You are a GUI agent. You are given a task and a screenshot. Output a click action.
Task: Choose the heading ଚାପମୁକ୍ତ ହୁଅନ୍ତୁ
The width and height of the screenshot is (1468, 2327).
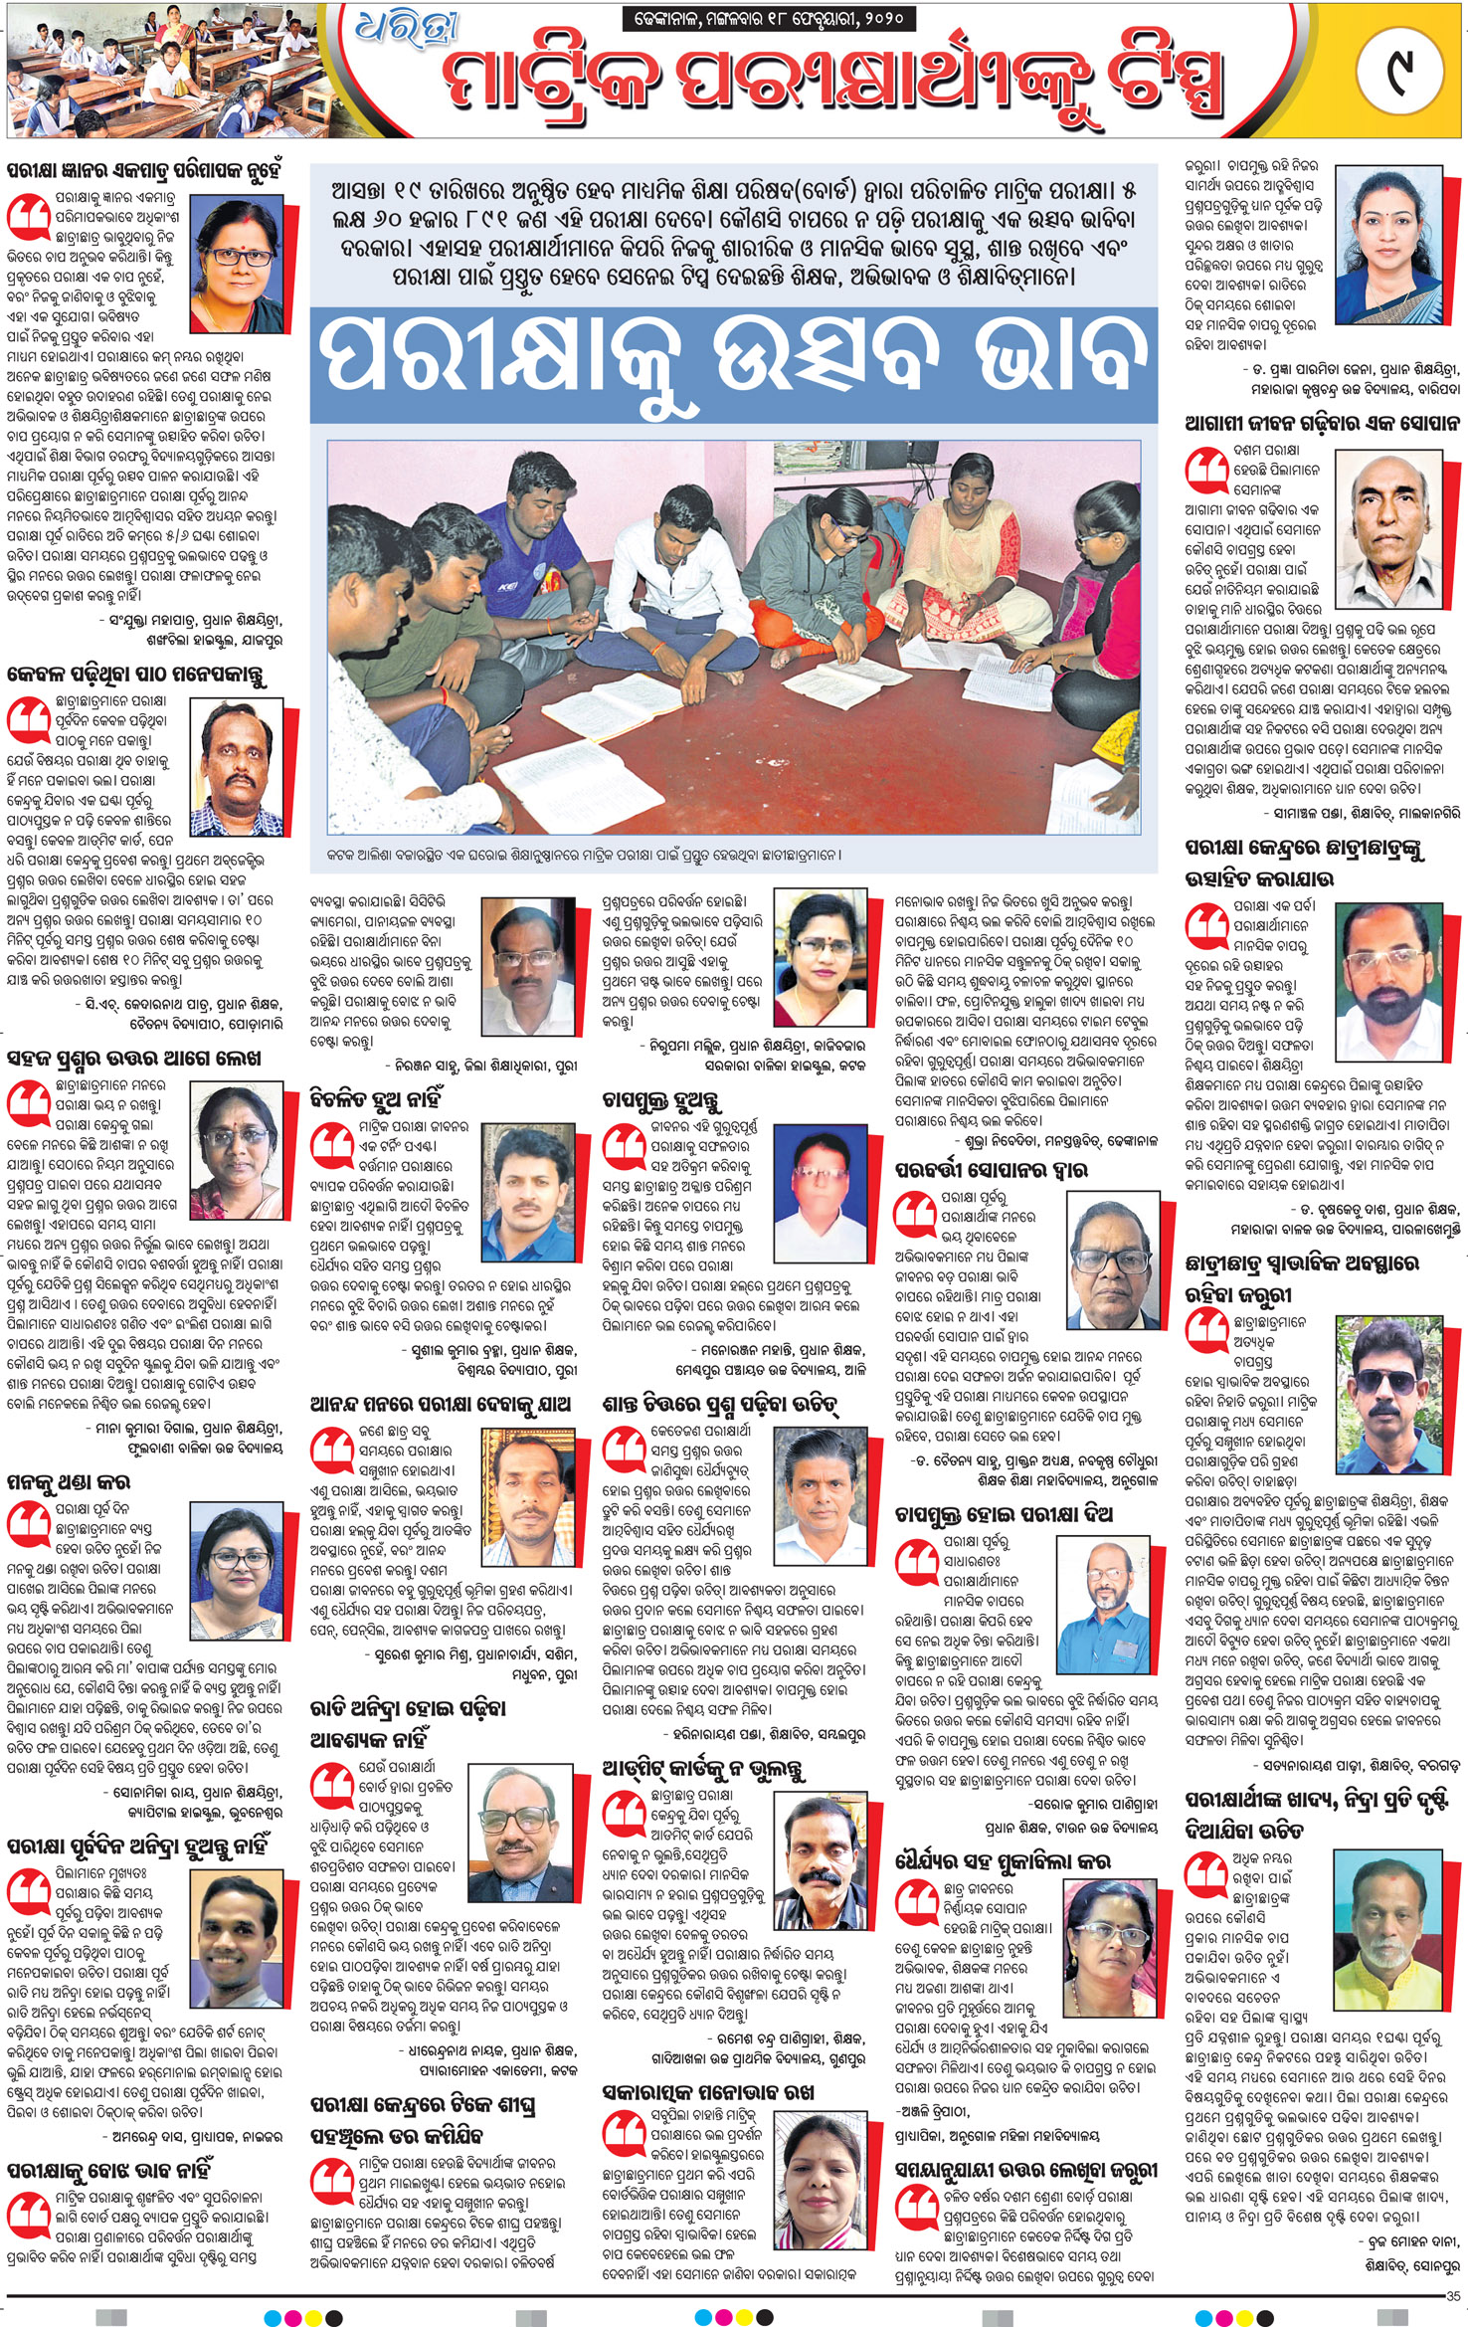(662, 1101)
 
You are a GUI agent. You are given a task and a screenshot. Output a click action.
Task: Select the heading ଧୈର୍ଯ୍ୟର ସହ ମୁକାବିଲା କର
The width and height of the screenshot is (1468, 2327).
(1003, 1861)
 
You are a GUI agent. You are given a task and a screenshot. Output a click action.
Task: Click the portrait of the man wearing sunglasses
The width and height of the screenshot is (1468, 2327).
(1388, 1394)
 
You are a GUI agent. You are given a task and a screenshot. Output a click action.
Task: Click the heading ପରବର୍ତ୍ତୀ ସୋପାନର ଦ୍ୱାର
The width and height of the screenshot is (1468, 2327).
(991, 1169)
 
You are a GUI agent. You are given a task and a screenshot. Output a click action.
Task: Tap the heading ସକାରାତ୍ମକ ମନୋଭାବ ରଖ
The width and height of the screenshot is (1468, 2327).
(708, 2093)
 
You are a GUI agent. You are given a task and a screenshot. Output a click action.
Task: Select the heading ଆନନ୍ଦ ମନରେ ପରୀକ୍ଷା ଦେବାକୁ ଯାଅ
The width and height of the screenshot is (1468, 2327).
(441, 1405)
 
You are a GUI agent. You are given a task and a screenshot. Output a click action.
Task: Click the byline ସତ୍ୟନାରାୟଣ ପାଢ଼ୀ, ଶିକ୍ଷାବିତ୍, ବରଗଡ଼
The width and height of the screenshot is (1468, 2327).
(1356, 1766)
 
